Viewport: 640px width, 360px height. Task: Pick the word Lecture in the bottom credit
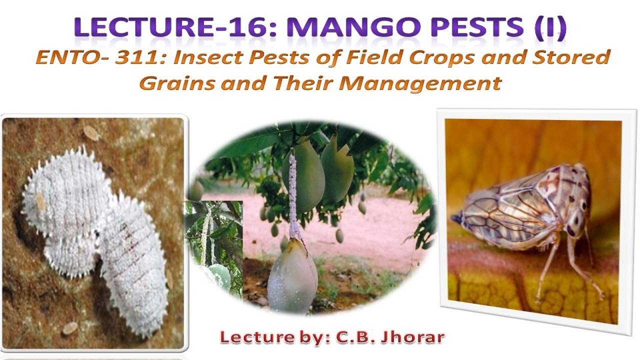point(251,337)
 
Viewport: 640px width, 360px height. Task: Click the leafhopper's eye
point(582,205)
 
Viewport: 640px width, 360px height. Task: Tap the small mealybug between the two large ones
point(70,250)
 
